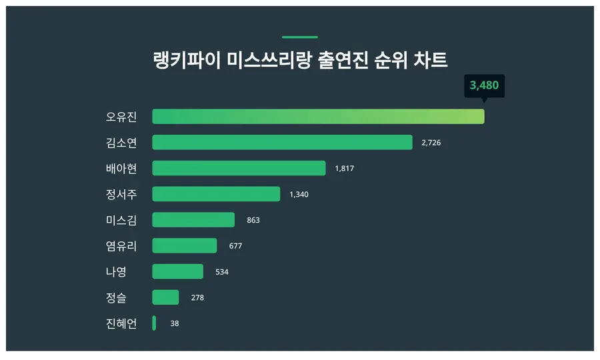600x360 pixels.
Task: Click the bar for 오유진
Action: point(318,117)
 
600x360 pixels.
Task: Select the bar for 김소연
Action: point(282,143)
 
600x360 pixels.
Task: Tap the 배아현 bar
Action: point(239,168)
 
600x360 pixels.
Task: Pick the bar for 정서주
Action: point(216,194)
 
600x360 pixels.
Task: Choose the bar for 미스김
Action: point(193,220)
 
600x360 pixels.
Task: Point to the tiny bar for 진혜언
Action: point(154,323)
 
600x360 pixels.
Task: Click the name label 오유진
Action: point(121,117)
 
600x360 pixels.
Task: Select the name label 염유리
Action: point(121,246)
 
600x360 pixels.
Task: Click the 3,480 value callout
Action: point(484,86)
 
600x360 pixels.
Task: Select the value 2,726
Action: point(431,143)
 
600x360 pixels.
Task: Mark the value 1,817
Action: point(344,169)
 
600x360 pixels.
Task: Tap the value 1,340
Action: point(299,195)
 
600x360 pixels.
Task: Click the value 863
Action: point(253,220)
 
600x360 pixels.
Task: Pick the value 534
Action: point(221,272)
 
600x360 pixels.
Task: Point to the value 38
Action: point(174,323)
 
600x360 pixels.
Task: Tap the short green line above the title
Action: point(300,37)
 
